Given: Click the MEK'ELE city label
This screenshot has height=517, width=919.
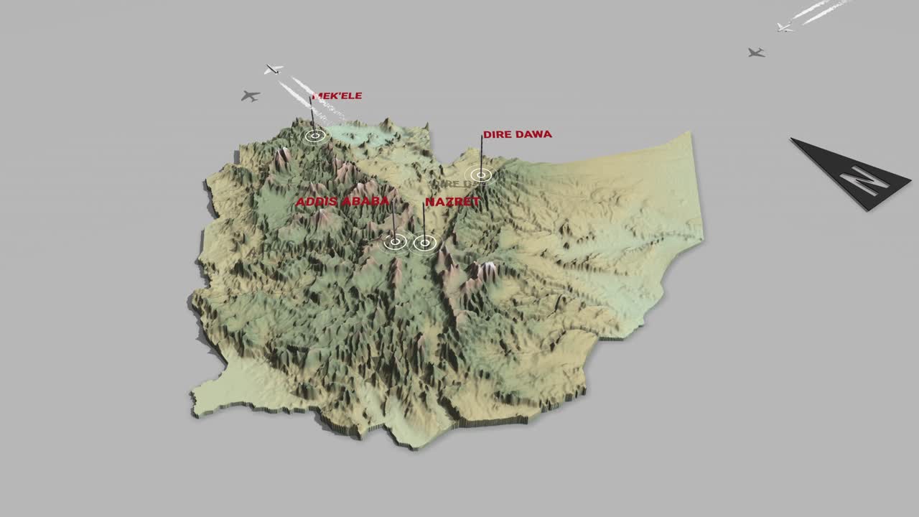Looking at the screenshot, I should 337,96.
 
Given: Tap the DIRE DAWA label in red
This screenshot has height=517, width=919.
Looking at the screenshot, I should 517,134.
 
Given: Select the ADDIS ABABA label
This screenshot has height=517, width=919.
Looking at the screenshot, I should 342,202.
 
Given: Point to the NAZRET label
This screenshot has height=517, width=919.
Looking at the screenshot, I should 452,202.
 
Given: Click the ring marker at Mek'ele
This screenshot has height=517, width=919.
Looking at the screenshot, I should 314,135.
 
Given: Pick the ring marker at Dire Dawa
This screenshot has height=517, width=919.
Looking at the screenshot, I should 480,174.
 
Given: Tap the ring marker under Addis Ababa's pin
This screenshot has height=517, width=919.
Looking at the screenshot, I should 395,243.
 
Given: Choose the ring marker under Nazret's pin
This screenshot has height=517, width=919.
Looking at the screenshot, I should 424,243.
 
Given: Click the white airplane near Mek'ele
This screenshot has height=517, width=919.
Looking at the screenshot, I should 273,70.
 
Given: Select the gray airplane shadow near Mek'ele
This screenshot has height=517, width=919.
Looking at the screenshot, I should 250,96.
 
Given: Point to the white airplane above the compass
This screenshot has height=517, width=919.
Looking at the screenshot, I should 785,27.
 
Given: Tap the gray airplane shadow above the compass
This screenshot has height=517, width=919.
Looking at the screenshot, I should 755,52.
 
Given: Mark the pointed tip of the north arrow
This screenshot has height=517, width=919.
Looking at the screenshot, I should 793,139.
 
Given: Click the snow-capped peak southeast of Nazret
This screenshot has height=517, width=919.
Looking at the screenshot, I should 488,267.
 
